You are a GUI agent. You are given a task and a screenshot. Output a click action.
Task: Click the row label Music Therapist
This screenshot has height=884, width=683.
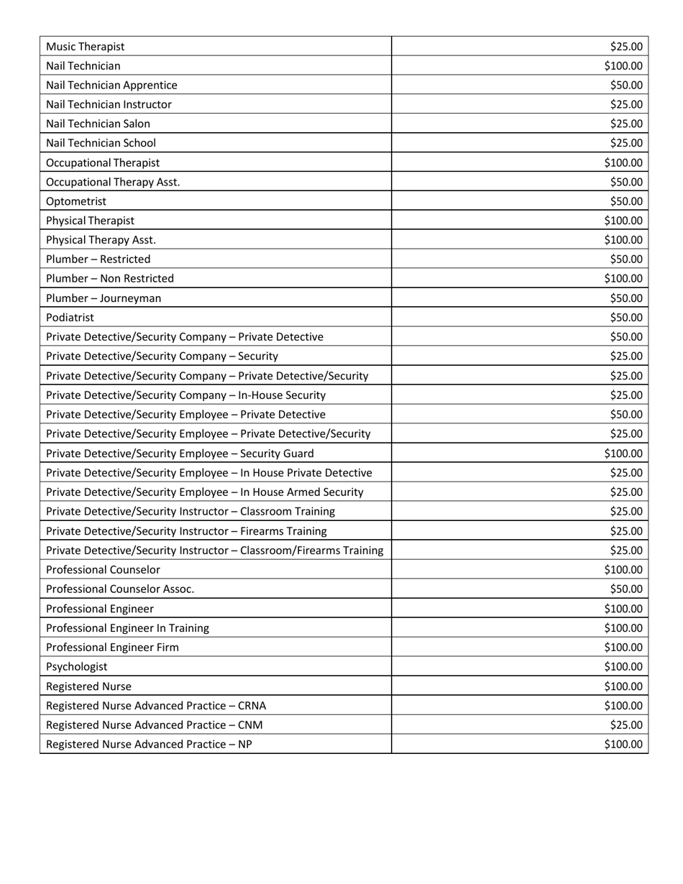85,47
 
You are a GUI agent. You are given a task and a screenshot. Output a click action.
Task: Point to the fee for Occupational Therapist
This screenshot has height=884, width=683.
623,163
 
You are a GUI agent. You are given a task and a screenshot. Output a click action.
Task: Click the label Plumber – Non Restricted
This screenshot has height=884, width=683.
110,278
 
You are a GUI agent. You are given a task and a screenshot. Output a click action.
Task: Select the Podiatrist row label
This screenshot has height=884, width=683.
70,317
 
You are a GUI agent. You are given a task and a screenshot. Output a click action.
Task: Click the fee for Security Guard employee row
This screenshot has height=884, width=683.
623,453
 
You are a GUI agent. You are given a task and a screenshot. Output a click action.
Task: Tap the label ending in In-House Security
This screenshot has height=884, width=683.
185,395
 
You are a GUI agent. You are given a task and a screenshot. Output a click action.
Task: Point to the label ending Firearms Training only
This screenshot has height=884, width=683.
186,531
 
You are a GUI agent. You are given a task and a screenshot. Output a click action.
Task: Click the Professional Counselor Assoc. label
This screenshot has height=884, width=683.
120,589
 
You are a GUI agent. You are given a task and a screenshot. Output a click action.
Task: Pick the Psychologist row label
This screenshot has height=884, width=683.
77,666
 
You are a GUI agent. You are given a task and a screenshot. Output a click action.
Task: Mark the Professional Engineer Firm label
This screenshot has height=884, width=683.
112,648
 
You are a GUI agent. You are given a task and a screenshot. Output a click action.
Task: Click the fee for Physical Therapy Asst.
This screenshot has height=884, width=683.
623,240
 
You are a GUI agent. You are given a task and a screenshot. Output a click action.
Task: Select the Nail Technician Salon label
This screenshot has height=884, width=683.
98,124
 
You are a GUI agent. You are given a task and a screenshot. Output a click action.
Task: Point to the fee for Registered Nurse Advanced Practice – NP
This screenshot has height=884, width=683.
623,745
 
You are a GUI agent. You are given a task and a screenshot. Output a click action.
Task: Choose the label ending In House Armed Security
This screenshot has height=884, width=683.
205,492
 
